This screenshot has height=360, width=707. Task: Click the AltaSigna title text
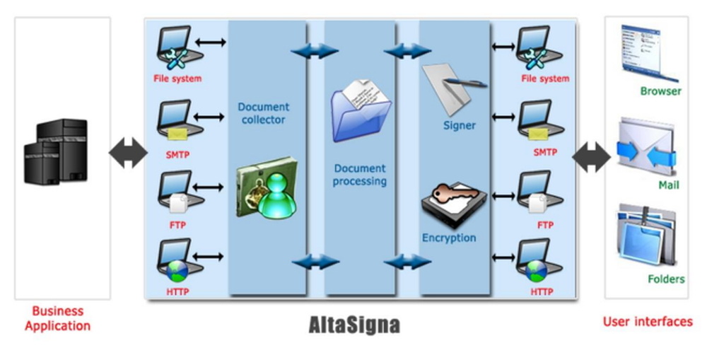click(x=354, y=325)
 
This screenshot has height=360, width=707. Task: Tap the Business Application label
click(x=58, y=318)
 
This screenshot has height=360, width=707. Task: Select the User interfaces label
click(x=648, y=322)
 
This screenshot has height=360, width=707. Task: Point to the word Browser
click(x=660, y=91)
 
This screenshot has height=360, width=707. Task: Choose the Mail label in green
click(x=668, y=185)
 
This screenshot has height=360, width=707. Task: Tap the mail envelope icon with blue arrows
click(x=645, y=148)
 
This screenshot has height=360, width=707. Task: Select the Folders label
click(x=666, y=279)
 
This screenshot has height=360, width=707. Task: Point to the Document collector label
click(x=263, y=113)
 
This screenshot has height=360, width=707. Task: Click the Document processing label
click(x=360, y=175)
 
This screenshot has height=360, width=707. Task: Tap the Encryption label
click(x=449, y=238)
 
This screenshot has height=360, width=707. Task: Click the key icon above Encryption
click(x=453, y=201)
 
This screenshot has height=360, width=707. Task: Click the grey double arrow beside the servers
click(x=127, y=153)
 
